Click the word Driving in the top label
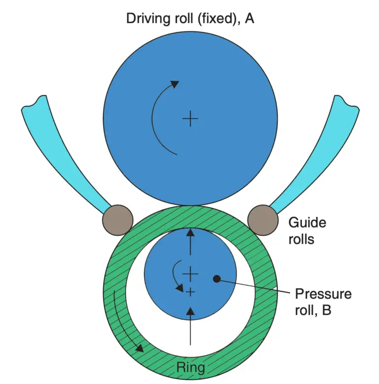click(x=147, y=19)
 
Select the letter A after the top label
click(x=249, y=19)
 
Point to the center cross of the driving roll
click(x=190, y=119)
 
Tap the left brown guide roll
click(x=117, y=219)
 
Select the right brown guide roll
click(x=262, y=219)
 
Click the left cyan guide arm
click(x=64, y=148)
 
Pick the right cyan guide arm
click(x=316, y=148)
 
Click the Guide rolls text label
click(x=307, y=231)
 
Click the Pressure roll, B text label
click(x=323, y=303)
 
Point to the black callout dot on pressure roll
click(x=216, y=279)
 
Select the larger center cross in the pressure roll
click(x=190, y=273)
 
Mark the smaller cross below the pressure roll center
click(x=190, y=292)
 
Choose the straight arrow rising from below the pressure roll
click(x=190, y=326)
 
